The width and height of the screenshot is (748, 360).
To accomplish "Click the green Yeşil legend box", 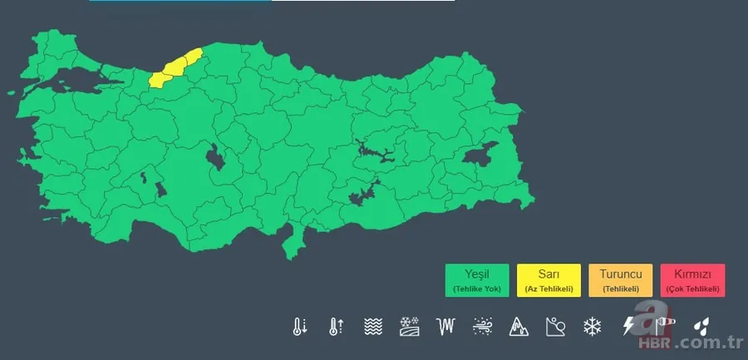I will coord(477,280).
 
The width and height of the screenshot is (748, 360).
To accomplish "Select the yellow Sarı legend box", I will coord(549,280).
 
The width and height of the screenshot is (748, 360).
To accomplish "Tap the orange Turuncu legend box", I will coord(620,280).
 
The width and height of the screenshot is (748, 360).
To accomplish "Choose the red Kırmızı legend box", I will coord(693,280).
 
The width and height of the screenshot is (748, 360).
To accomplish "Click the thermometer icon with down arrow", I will coord(299,326).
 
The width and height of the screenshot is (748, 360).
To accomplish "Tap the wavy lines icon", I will coord(372,326).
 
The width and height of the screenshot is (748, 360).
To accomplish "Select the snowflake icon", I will coord(592,326).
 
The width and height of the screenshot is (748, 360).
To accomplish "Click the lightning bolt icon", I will coord(628,326).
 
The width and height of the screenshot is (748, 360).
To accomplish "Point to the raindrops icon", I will coord(702,326).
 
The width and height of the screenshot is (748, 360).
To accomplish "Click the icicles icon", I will coord(445,326).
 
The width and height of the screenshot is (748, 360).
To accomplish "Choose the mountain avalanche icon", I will coord(519,326).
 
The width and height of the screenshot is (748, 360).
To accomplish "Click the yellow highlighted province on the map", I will coord(175,68).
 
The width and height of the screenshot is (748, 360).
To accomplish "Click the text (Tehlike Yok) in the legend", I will coord(477,288).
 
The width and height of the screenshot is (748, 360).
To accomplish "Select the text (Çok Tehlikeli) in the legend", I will coord(693,288).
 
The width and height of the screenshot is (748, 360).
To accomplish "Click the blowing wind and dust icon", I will coord(482,326).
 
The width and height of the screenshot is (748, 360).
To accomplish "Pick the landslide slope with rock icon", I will coord(555,326).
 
